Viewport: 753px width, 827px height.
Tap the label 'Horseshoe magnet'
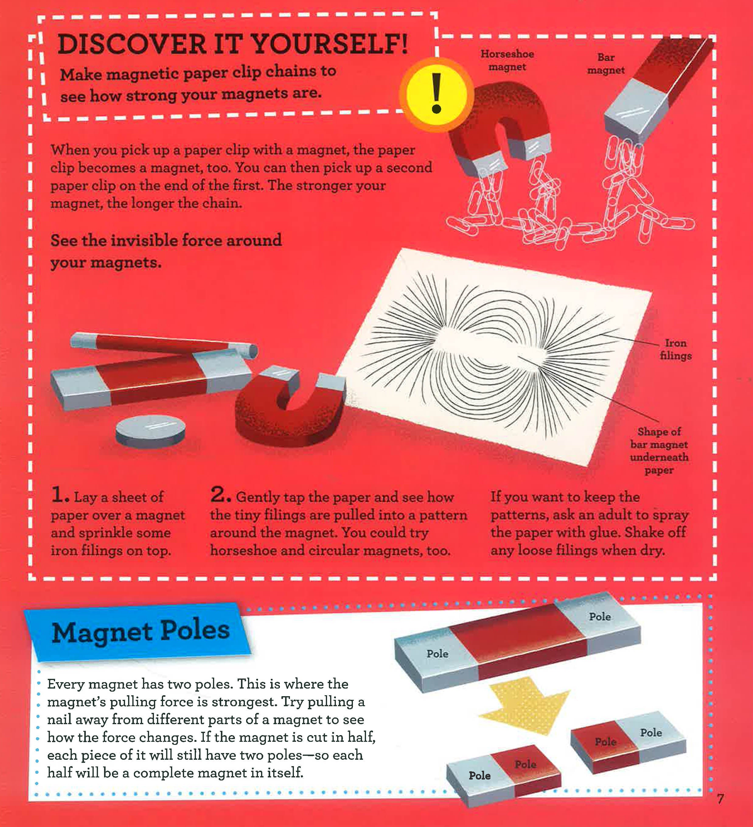point(507,60)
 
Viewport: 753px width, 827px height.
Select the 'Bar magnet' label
point(606,64)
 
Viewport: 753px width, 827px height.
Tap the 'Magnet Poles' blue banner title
point(140,631)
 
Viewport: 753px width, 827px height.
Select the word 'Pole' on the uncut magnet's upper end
point(600,616)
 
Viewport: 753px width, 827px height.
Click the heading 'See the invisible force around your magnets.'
point(166,251)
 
